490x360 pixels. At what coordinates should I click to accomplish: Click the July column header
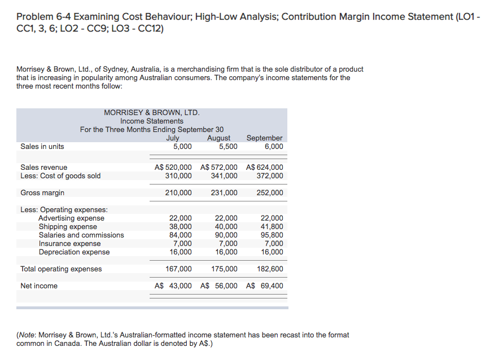(173, 138)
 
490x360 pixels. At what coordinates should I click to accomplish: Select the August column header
(219, 138)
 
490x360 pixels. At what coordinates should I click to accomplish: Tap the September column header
(265, 138)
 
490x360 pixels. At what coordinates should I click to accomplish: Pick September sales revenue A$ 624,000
(265, 167)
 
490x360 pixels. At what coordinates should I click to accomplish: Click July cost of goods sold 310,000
(181, 175)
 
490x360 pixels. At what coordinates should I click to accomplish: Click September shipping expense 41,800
(272, 226)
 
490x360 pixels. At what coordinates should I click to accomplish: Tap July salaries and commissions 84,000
(181, 235)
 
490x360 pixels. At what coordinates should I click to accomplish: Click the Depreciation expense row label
(74, 252)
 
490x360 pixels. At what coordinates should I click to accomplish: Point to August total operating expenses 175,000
(224, 269)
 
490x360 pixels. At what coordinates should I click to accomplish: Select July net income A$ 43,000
(173, 286)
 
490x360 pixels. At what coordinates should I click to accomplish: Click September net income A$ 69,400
(265, 286)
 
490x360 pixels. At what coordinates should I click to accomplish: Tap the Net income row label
(39, 286)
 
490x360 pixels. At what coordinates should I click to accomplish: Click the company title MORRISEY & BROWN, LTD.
(152, 113)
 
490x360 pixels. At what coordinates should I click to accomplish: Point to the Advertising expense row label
(71, 218)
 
